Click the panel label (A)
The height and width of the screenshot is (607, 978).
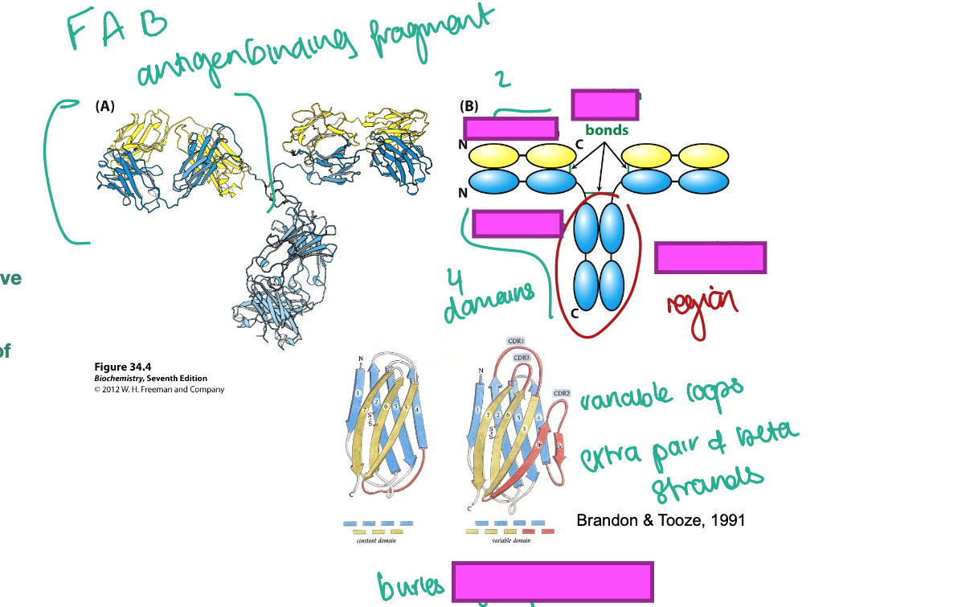coord(104,106)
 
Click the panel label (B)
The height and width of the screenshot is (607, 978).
coord(469,106)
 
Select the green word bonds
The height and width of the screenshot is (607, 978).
coord(607,130)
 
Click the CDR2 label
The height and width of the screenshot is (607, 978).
coord(562,393)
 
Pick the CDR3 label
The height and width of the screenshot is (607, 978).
coord(521,357)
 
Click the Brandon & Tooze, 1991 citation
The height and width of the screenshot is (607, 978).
coord(661,520)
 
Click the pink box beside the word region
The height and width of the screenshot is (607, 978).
coord(710,257)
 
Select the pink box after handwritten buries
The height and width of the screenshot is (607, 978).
coord(552,582)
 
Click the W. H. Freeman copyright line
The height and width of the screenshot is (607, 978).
coord(158,390)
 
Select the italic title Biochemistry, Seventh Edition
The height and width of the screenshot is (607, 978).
coord(150,379)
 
